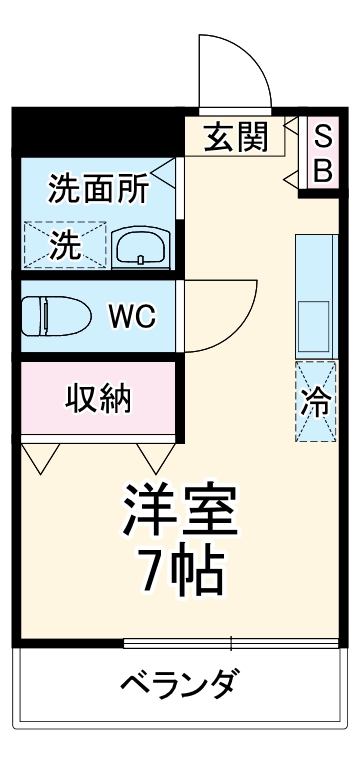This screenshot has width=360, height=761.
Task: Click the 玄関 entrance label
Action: coord(237,138)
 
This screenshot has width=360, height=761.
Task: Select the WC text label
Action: coord(131,317)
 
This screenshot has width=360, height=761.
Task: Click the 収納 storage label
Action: coord(98,399)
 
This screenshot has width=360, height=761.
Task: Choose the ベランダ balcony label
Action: coord(180,686)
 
